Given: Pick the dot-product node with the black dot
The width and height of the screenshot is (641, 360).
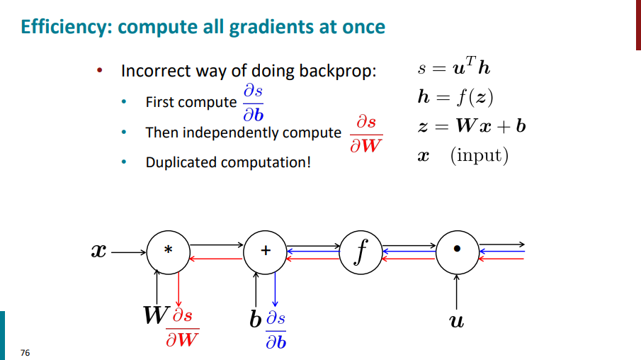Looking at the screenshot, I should pyautogui.click(x=458, y=249).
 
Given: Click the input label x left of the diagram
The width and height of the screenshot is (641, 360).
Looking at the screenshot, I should pyautogui.click(x=100, y=251).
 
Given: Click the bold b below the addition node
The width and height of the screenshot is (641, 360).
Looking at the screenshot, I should pyautogui.click(x=255, y=320).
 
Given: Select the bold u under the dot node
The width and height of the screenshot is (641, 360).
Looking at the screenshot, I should pyautogui.click(x=458, y=322).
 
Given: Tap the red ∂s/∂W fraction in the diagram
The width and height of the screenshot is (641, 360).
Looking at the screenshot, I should pyautogui.click(x=182, y=327).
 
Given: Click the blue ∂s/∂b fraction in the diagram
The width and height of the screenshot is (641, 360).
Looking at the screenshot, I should pyautogui.click(x=276, y=331).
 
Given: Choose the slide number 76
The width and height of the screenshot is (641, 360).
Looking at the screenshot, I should pyautogui.click(x=25, y=352).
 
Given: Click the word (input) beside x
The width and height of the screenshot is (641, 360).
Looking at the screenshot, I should pyautogui.click(x=480, y=155).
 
